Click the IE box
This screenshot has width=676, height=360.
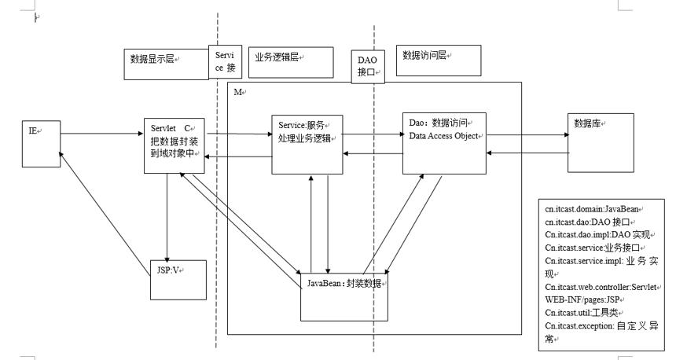point(42,144)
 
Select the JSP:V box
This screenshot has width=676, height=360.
point(178,280)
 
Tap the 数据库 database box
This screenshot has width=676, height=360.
point(601,143)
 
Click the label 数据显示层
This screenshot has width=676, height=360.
point(152,59)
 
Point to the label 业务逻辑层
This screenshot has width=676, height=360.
point(277,57)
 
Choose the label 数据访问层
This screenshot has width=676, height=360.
point(424,55)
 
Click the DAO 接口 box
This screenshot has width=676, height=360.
point(367,66)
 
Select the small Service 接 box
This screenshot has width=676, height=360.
point(225,61)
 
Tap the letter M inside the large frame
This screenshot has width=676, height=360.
point(237,92)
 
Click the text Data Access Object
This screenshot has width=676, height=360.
point(443,136)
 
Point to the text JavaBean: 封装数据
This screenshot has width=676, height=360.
point(344,283)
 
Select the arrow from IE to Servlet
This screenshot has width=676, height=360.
point(101,134)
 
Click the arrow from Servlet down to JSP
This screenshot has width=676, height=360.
point(167,218)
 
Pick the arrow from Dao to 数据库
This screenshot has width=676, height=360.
point(527,135)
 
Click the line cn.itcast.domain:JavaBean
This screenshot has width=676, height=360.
point(591,209)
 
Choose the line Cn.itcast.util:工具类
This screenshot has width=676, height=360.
point(581,313)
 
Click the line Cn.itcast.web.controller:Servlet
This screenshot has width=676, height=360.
point(601,287)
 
